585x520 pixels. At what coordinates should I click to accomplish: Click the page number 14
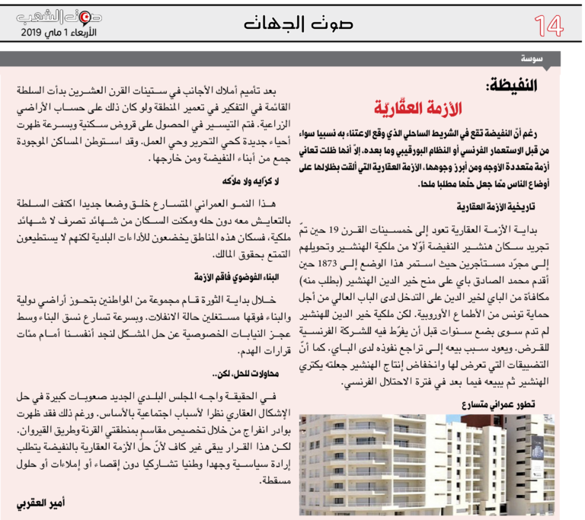pos(548,25)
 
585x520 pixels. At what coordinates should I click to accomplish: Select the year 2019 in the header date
pos(34,33)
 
